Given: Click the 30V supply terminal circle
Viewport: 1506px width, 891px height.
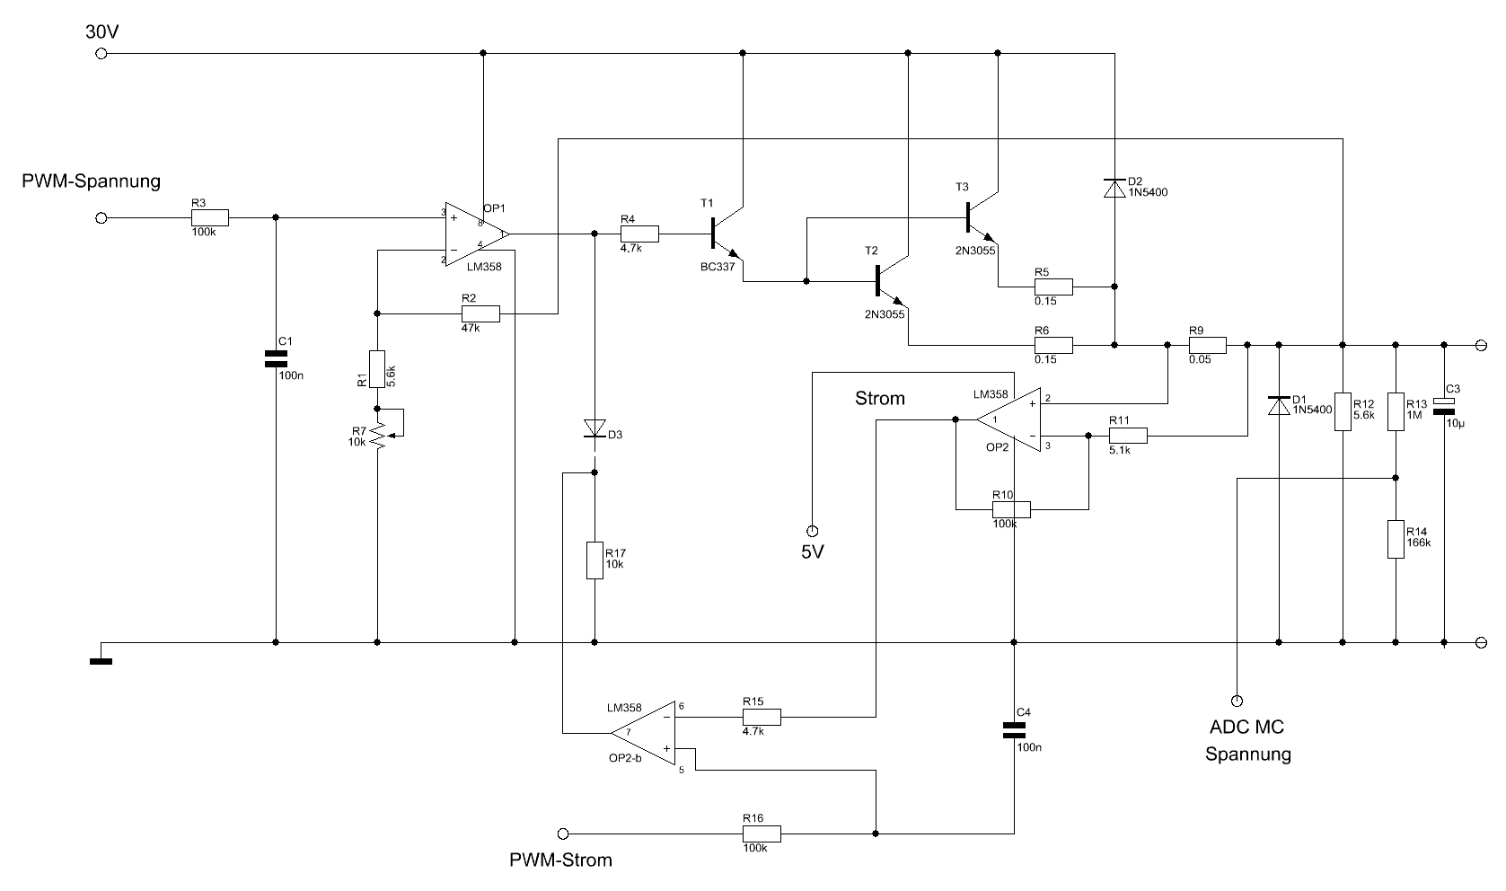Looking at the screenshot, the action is click(101, 53).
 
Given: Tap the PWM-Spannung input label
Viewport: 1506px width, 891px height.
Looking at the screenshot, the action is click(92, 181).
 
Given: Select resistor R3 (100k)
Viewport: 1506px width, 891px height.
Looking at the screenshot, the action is click(210, 218).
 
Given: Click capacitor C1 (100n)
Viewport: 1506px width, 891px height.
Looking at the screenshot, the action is click(276, 359).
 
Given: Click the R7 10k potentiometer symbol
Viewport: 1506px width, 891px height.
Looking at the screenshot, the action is click(378, 435).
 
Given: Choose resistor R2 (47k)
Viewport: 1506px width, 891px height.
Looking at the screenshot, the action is click(480, 313).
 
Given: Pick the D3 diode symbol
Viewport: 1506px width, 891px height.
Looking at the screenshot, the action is click(594, 428).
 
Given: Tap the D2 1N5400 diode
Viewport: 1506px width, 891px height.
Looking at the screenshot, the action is click(1114, 189).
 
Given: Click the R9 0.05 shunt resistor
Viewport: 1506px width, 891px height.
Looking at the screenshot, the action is click(1208, 345).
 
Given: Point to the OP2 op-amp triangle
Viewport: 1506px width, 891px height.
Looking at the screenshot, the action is click(1008, 419).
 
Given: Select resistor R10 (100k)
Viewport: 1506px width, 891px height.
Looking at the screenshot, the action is click(1011, 509).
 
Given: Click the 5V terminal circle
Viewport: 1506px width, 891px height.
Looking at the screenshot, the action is click(812, 531).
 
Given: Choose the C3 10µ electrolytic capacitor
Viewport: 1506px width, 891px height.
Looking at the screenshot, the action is click(1443, 406).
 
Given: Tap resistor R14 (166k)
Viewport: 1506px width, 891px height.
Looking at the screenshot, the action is click(1396, 539).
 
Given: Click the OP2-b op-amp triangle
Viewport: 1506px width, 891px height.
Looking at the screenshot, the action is click(643, 733).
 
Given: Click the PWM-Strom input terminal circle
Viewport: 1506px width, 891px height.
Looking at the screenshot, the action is click(563, 834).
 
